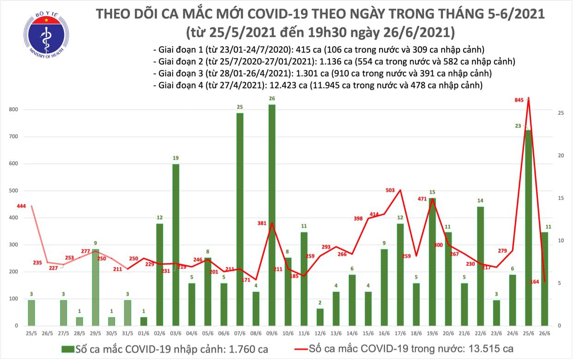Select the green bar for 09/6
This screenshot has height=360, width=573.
pyautogui.click(x=272, y=215)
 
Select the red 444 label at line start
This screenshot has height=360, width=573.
pyautogui.click(x=21, y=206)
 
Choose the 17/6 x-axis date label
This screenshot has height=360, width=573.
pyautogui.click(x=400, y=333)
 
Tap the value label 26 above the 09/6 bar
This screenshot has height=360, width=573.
pyautogui.click(x=272, y=98)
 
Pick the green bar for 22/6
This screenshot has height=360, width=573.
pyautogui.click(x=480, y=266)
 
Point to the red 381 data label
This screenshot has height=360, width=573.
pyautogui.click(x=263, y=223)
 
